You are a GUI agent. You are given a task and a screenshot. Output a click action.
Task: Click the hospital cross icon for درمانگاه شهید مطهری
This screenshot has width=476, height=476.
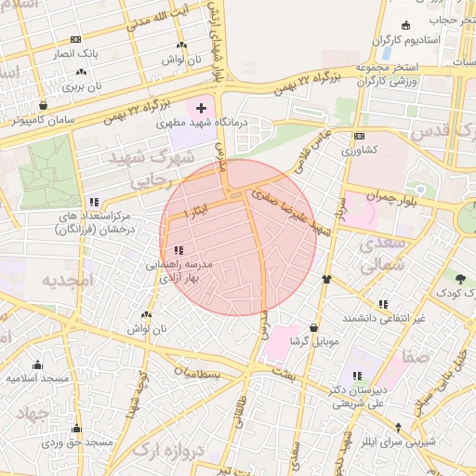[x=201, y=109]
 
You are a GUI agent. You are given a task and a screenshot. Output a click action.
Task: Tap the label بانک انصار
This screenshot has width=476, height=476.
[x=73, y=55]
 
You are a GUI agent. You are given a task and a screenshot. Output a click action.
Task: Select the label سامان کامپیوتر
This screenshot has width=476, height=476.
[x=45, y=120]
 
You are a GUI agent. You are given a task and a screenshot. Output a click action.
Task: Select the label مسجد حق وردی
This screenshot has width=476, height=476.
[x=77, y=442]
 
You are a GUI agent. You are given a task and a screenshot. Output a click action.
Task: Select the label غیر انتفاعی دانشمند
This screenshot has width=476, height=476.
[x=383, y=317]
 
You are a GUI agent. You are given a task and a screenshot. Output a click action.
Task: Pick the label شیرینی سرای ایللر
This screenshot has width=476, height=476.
[x=399, y=443]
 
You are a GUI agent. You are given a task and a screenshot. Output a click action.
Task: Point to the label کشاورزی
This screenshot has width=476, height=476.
[x=358, y=149]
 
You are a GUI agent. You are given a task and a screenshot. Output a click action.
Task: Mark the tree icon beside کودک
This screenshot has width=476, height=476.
[x=460, y=277]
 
